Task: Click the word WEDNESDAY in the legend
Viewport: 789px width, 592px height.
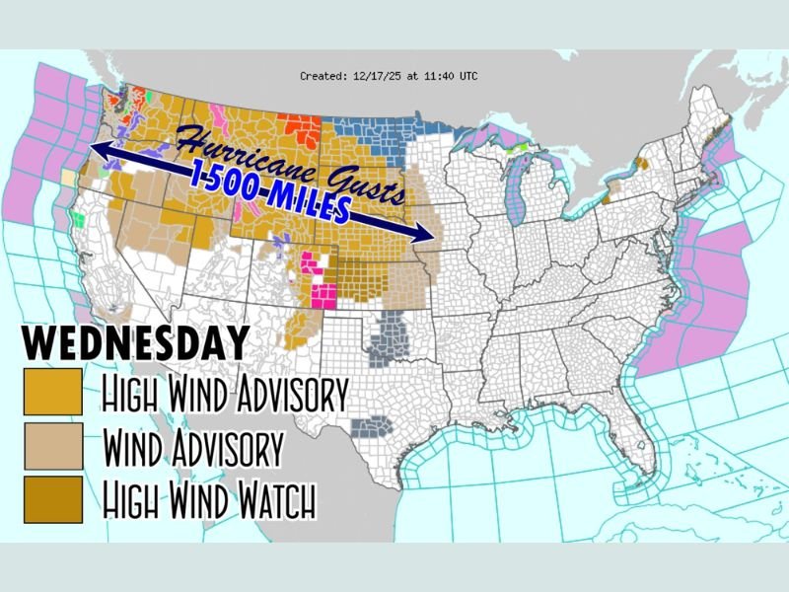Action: click(x=135, y=343)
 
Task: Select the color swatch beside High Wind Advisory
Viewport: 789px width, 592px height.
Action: click(x=52, y=393)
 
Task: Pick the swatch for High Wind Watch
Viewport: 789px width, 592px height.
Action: click(x=52, y=500)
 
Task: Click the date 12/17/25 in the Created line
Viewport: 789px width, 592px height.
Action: click(x=371, y=75)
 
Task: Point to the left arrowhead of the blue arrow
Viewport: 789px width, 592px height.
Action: click(x=97, y=150)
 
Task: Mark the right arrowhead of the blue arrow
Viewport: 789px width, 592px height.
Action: click(x=431, y=236)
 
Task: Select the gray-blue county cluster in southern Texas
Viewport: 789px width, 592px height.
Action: click(x=373, y=425)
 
